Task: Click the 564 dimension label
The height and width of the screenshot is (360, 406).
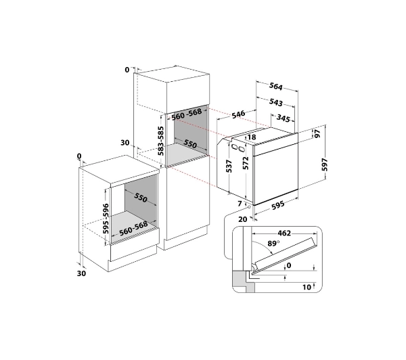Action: pyautogui.click(x=276, y=86)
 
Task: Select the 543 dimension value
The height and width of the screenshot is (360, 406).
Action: pyautogui.click(x=276, y=102)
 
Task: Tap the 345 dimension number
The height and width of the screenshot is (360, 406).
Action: pyautogui.click(x=283, y=118)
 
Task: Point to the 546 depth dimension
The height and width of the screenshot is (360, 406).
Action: pyautogui.click(x=238, y=114)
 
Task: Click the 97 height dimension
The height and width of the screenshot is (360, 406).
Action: pyautogui.click(x=317, y=133)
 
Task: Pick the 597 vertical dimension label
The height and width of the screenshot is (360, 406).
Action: pyautogui.click(x=324, y=164)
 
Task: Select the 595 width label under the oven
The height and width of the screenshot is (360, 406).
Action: pyautogui.click(x=278, y=204)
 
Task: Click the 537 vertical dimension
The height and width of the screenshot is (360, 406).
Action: pyautogui.click(x=229, y=166)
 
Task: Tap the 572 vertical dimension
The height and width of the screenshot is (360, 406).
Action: pyautogui.click(x=246, y=163)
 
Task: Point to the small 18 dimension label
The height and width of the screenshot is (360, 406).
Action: pyautogui.click(x=252, y=137)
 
